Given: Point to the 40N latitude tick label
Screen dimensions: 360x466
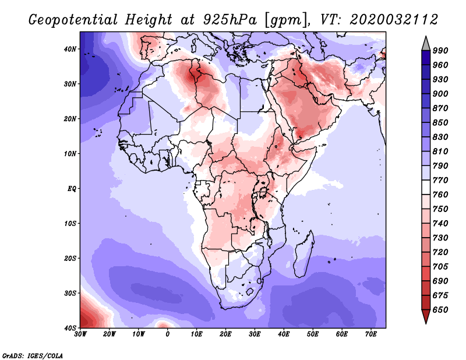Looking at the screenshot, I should coord(70,49).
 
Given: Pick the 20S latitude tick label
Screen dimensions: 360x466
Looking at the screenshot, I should coord(70,258).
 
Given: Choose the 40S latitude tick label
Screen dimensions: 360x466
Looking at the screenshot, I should coord(70,327).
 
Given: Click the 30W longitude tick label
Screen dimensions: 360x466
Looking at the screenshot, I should coord(80,334).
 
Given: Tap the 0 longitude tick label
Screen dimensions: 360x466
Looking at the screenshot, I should coord(168,334).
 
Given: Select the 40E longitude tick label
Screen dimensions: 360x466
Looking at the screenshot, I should coord(284,334).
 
